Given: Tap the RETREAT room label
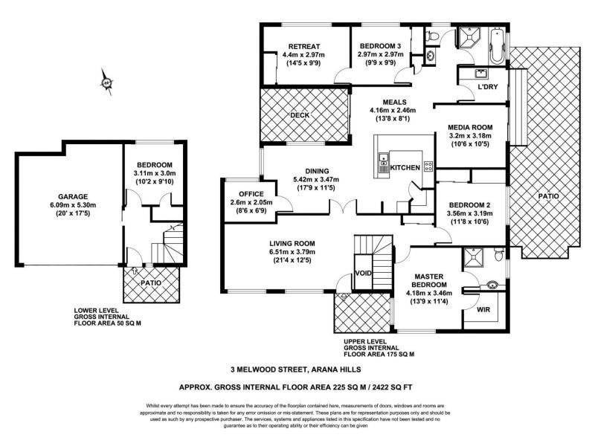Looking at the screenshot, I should [303, 43].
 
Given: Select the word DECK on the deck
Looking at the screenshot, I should [300, 114].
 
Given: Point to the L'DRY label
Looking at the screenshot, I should [487, 88].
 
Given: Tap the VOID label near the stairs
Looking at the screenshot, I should [362, 274].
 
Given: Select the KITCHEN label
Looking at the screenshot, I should [405, 168].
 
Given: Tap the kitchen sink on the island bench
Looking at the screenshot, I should [384, 163].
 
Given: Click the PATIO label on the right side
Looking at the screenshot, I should [548, 195].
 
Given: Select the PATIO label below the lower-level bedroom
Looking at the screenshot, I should [151, 283].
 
